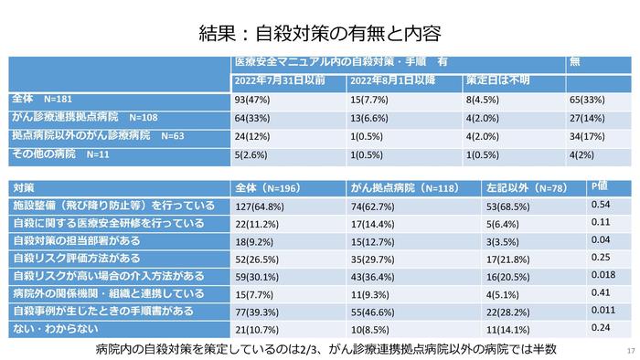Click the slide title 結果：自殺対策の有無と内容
[x=320, y=33]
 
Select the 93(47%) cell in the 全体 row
[x=251, y=100]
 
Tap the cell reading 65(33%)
[x=587, y=100]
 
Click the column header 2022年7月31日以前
[x=280, y=80]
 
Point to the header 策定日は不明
[x=498, y=80]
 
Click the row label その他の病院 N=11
[x=60, y=154]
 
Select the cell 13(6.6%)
[x=369, y=118]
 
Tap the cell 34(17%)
[x=587, y=136]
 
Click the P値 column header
[x=599, y=186]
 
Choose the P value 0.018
[x=603, y=275]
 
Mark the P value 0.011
[x=603, y=310]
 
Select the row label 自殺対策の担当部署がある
[x=76, y=241]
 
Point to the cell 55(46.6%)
[x=373, y=312]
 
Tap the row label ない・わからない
[x=56, y=329]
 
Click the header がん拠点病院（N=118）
[x=405, y=188]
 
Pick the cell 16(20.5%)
[x=507, y=277]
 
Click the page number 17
[x=631, y=351]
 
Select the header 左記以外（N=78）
[x=527, y=188]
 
